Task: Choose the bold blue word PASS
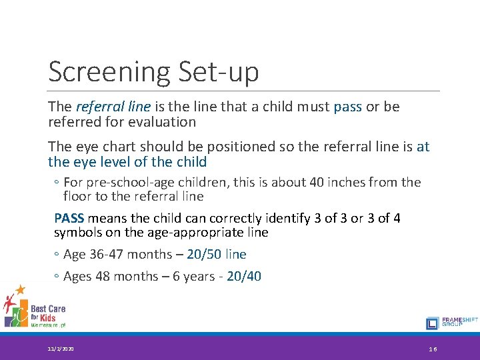click(x=69, y=218)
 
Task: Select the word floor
click(x=79, y=196)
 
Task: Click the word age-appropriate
click(x=196, y=233)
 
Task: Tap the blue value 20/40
click(x=244, y=276)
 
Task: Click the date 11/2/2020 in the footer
click(x=61, y=349)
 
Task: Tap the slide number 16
click(x=433, y=349)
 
